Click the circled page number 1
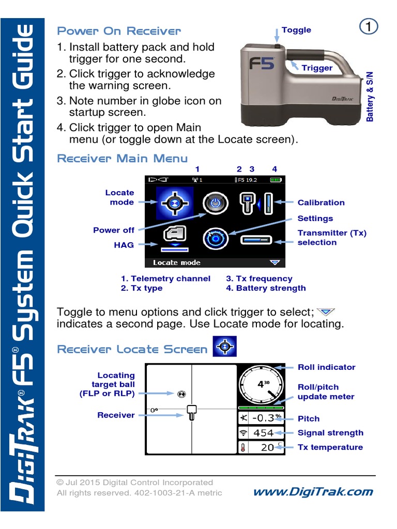(x=368, y=27)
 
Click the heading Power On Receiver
(x=119, y=31)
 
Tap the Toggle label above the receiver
(x=296, y=30)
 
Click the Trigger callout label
(x=317, y=68)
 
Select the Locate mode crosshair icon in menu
(x=175, y=204)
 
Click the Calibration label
(x=320, y=203)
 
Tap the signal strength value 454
(x=264, y=433)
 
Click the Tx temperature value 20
(x=268, y=447)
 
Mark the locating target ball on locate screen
(x=181, y=394)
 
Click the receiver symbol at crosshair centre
(x=191, y=412)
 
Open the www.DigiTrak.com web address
(x=313, y=492)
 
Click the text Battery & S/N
(x=370, y=97)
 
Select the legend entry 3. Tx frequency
(x=259, y=278)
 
